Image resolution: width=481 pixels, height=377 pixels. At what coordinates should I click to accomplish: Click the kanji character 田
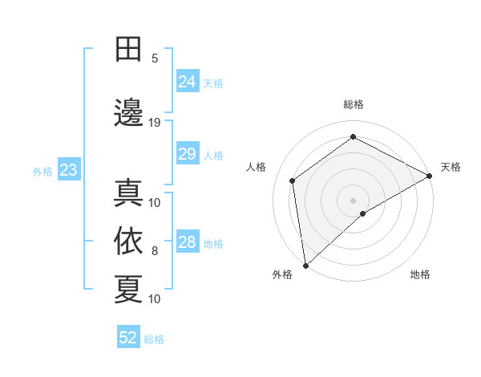point(128,50)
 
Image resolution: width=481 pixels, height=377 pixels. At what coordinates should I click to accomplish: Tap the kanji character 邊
point(128,112)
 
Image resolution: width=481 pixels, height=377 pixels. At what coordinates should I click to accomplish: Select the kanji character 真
point(128,192)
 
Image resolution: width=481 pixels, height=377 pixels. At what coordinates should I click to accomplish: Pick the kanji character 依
point(128,240)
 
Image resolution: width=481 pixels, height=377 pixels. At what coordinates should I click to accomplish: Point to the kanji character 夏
point(128,288)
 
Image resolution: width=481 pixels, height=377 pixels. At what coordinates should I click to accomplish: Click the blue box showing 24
point(188,82)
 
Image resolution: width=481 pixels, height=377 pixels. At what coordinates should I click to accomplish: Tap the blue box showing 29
point(188,154)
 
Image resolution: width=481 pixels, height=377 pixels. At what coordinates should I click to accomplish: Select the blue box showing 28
point(188,242)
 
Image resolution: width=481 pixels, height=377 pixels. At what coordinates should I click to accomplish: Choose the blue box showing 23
point(68,170)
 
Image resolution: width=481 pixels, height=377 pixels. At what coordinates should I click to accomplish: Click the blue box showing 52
point(128,338)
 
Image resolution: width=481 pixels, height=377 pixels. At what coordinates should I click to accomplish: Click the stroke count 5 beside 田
point(155,59)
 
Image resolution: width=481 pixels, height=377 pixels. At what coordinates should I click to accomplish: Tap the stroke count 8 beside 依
point(155,251)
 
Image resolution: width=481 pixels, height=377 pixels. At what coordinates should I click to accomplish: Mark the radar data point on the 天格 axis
point(430,176)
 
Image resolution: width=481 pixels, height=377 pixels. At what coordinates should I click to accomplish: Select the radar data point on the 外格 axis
point(305,265)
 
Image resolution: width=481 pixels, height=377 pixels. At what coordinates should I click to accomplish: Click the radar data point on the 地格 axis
point(363,213)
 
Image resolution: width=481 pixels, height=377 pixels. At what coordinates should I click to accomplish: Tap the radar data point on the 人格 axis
point(293,180)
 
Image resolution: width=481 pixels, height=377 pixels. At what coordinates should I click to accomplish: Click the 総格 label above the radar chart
point(354,104)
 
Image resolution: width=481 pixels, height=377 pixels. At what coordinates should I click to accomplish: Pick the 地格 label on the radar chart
point(420,275)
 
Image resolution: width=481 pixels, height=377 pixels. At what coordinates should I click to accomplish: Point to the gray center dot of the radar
point(354,200)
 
